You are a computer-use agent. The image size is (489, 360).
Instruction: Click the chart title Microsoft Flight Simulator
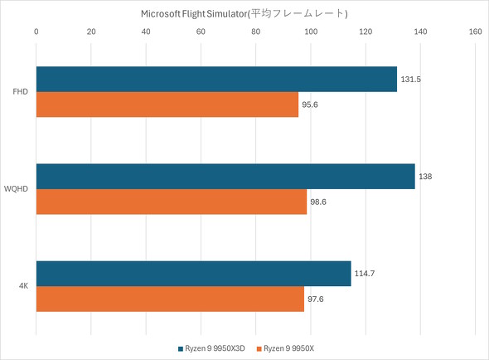[244, 13]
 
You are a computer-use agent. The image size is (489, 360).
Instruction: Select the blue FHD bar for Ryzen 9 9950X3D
[216, 79]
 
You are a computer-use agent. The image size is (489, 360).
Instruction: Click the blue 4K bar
[193, 273]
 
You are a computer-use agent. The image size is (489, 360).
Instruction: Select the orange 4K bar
[170, 299]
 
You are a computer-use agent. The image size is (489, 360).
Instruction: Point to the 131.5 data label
[411, 80]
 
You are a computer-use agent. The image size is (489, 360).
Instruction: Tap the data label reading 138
[426, 177]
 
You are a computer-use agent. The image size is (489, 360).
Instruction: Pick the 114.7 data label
[366, 274]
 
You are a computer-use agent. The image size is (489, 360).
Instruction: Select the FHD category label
[22, 91]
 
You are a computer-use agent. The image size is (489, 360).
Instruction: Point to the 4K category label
[25, 286]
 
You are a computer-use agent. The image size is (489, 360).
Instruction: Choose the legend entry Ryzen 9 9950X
[288, 348]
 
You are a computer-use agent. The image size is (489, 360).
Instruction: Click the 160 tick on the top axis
[475, 32]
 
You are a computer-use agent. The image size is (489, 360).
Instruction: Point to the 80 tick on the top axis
[255, 32]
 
